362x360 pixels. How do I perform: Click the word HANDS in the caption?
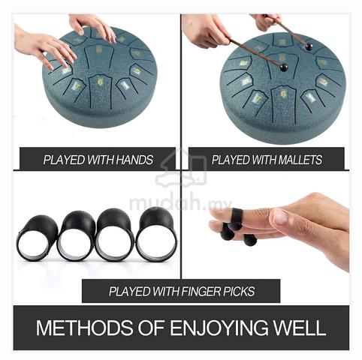click(134, 160)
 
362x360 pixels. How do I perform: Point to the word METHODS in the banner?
click(85, 328)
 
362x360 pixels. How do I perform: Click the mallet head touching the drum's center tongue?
click(284, 67)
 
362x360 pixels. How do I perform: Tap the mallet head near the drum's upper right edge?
click(309, 46)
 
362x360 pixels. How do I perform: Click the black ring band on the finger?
click(236, 217)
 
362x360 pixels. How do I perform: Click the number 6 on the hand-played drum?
click(100, 82)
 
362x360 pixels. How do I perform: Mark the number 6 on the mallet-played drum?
click(283, 94)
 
